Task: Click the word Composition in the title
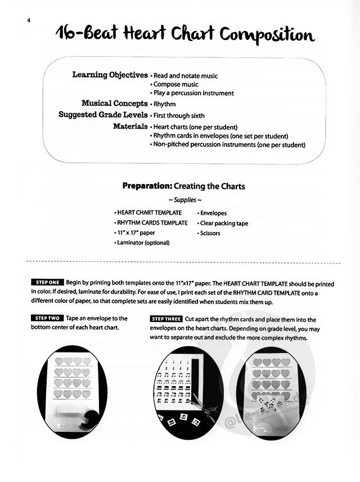tap(266, 37)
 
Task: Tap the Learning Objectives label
tap(110, 75)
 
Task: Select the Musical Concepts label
tap(115, 103)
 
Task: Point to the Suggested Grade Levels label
tap(103, 114)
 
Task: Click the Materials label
tap(130, 126)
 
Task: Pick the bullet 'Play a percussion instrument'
tap(193, 93)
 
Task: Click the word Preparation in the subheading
tap(146, 186)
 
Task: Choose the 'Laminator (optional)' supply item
tap(142, 243)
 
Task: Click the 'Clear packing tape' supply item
tap(223, 224)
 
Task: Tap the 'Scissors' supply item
tap(209, 233)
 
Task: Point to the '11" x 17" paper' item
tap(135, 233)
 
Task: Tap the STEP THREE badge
tap(166, 319)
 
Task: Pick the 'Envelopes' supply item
tap(213, 213)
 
